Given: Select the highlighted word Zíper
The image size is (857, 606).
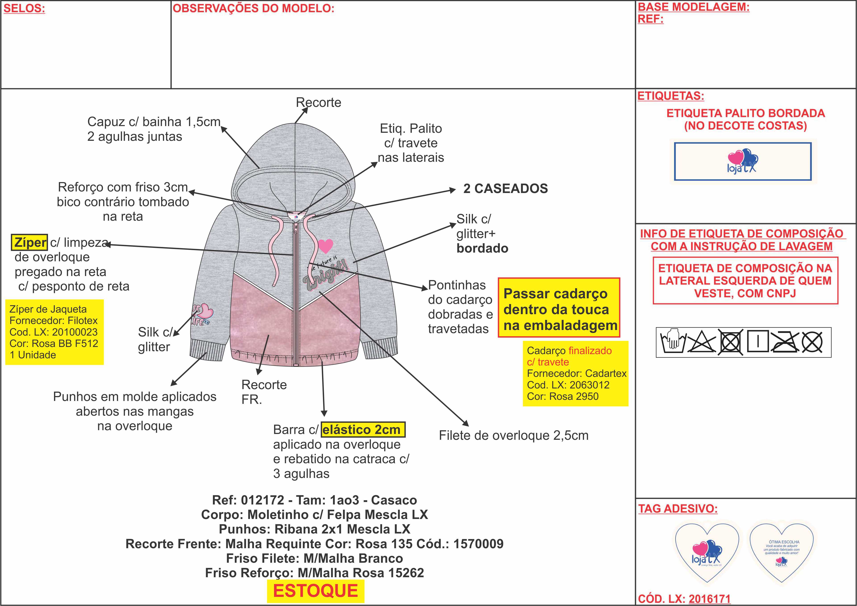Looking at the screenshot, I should tap(30, 243).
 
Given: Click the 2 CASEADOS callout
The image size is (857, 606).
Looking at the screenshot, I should tap(505, 189).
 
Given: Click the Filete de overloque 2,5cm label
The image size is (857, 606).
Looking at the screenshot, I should tap(514, 436).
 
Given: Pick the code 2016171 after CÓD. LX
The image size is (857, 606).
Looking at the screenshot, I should tap(709, 599).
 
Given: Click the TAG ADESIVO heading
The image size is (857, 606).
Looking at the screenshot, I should tap(678, 509).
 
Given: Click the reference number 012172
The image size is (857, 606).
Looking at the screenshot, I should tap(262, 500).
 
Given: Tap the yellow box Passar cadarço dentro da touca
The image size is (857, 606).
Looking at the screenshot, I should tap(559, 309).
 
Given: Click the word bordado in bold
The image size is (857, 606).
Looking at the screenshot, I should tap(482, 249).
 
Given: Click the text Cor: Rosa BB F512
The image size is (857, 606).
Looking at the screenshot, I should tap(54, 343).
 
